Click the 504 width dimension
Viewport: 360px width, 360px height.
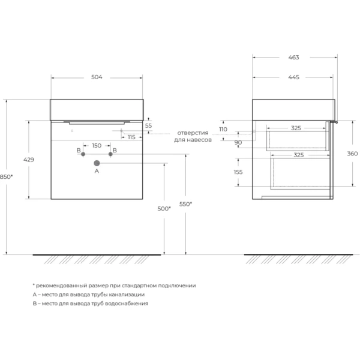click(97, 77)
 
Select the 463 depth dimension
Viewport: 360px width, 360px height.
click(293, 58)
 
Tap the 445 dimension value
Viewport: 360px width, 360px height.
click(293, 77)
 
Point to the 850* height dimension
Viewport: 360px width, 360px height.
click(7, 176)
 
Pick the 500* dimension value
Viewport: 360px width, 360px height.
click(164, 208)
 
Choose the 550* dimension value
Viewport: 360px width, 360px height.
click(185, 204)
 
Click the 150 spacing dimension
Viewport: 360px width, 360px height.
click(97, 146)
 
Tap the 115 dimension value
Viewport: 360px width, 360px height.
click(131, 137)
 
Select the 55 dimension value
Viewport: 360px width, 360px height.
click(148, 125)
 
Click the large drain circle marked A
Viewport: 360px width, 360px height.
click(96, 162)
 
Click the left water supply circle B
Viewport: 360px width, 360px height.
click(83, 154)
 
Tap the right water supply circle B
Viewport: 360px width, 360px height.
click(110, 154)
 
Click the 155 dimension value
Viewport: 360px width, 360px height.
click(239, 172)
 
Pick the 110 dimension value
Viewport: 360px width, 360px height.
click(223, 130)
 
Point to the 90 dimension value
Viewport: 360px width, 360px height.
click(238, 142)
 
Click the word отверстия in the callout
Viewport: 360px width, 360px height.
click(192, 132)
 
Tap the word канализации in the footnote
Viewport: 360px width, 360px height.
click(127, 295)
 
